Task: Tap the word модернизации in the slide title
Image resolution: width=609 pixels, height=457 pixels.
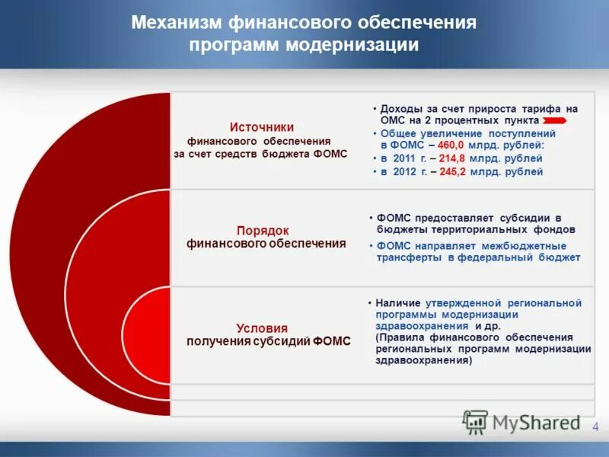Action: point(352,46)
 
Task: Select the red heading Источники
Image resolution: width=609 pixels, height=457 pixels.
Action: point(262,127)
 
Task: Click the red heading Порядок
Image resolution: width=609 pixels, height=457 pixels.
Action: point(262,230)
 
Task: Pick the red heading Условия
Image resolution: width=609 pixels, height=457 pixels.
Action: point(262,327)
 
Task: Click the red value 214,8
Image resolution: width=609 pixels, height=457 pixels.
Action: point(450,158)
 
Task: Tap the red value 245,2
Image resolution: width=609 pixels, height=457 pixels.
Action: point(450,172)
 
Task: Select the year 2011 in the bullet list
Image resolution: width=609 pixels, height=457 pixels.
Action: point(404,158)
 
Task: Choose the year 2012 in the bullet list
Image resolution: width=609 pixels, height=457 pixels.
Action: point(405,172)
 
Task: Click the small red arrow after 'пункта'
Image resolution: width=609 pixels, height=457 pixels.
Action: point(553,121)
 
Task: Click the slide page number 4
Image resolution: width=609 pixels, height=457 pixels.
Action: point(595,426)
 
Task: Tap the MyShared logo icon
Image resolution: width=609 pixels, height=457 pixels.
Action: point(475,422)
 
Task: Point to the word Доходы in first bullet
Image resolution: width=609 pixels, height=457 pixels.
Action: point(400,109)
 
